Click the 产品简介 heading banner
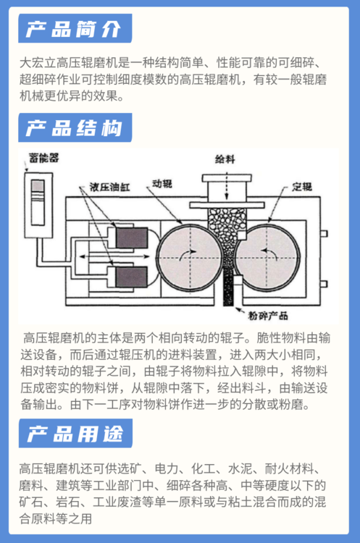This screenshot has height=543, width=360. click(75, 28)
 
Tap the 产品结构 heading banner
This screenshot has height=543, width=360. click(75, 127)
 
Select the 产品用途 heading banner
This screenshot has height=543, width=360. click(75, 433)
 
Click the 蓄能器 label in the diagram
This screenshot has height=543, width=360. click(43, 158)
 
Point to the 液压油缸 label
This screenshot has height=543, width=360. click(109, 187)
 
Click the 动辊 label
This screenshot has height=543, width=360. click(162, 184)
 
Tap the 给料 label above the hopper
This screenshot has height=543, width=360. click(225, 159)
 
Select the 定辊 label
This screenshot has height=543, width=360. click(302, 187)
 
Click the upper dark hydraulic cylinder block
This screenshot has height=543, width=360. click(132, 237)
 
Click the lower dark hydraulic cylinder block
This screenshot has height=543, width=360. click(132, 277)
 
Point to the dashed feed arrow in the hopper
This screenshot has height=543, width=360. click(227, 186)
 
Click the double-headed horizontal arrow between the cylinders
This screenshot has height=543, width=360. click(114, 256)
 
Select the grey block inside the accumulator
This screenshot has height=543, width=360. click(38, 186)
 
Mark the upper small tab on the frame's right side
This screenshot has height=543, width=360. click(324, 234)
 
